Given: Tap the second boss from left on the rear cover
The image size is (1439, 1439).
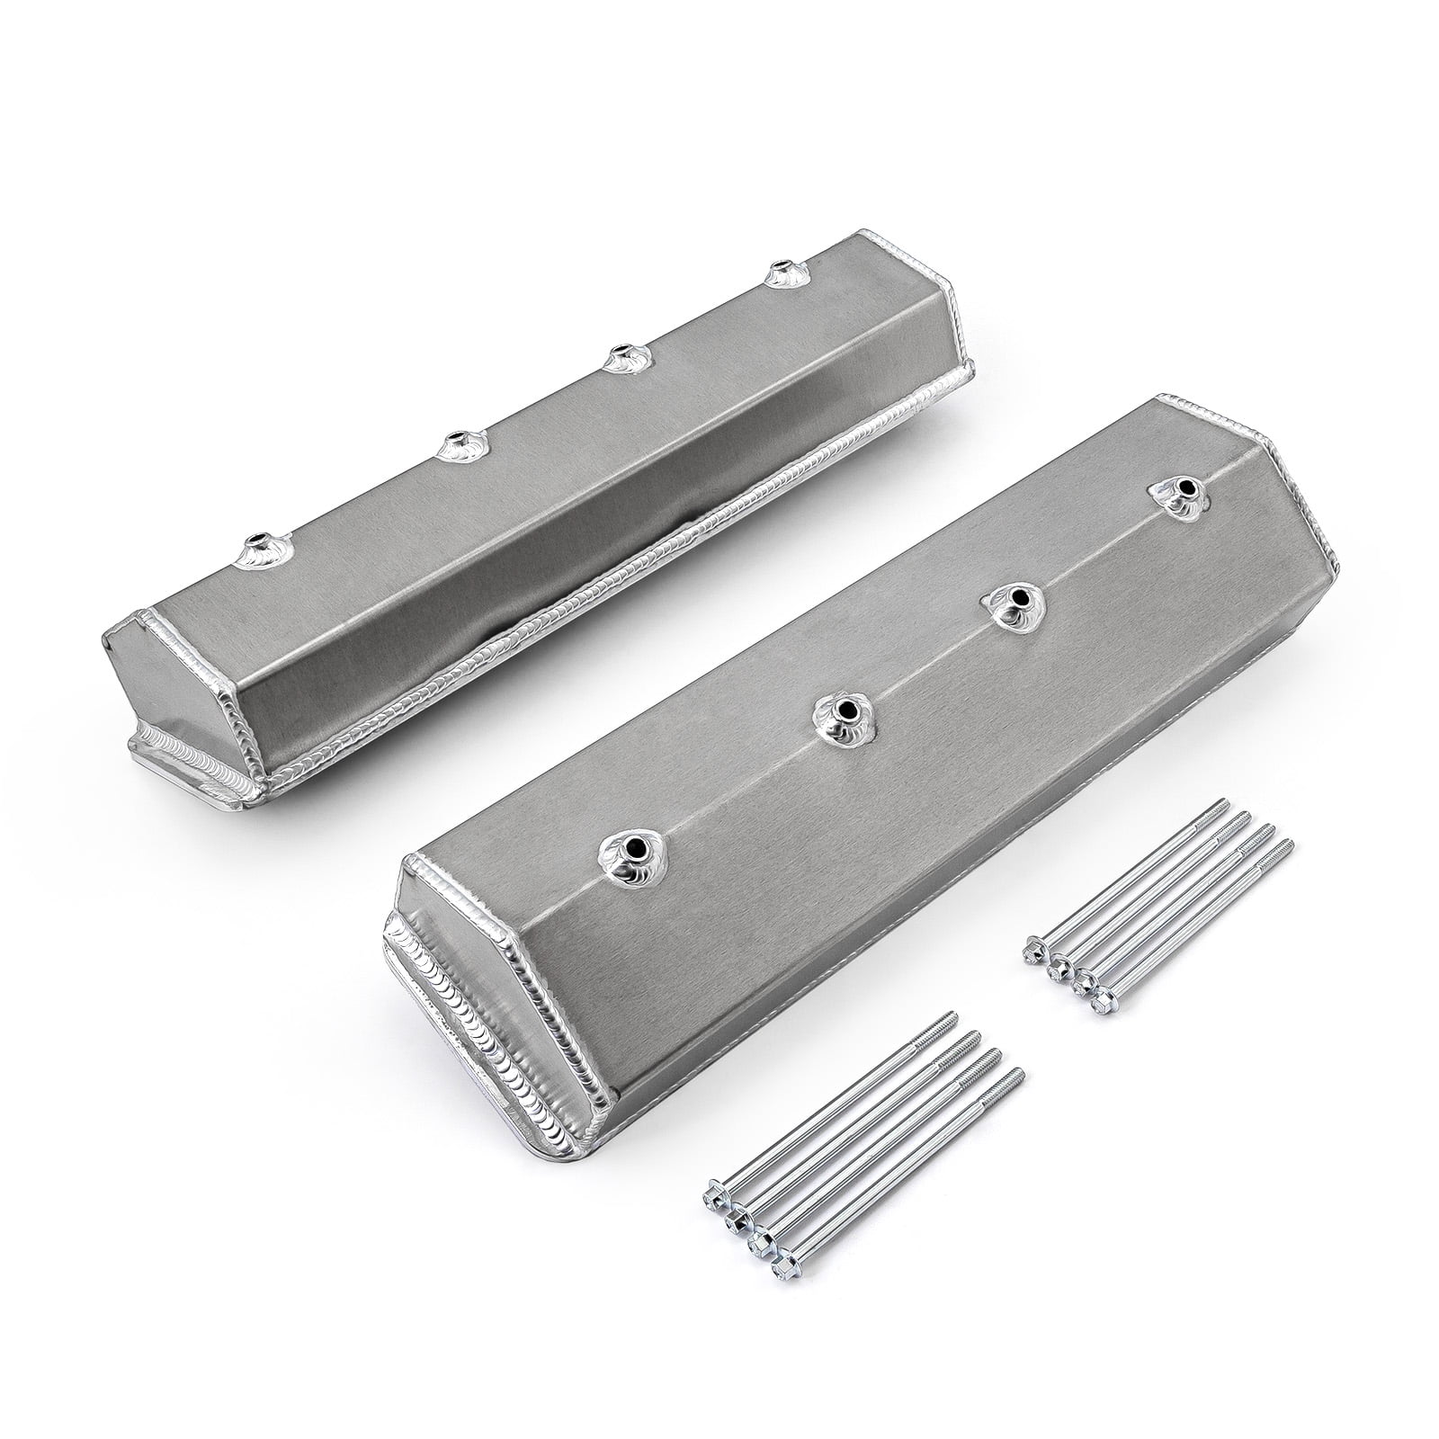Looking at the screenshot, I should (x=458, y=444).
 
